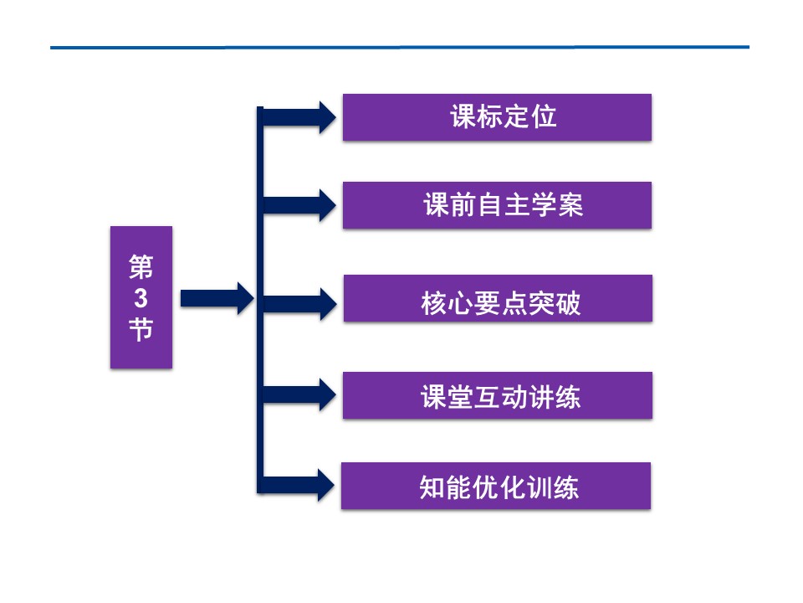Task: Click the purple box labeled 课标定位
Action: (497, 117)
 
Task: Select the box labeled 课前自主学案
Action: (497, 205)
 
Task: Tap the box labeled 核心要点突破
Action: (498, 299)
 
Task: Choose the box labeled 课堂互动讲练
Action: (498, 395)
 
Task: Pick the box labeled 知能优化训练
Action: (496, 486)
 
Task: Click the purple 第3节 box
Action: (141, 297)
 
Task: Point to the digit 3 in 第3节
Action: (141, 298)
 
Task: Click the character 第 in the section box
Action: (141, 267)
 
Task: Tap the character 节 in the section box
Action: (141, 329)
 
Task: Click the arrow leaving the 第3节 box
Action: (216, 298)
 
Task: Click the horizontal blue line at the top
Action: (400, 48)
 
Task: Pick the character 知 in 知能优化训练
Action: (432, 487)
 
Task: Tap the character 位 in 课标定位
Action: (544, 117)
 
